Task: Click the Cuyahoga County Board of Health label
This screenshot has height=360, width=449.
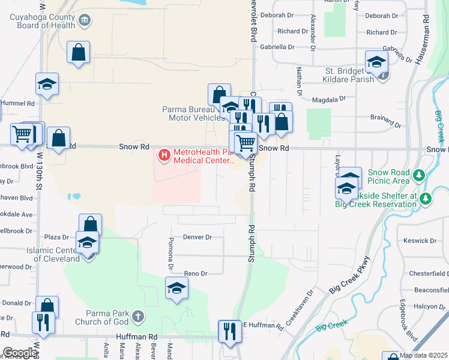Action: pyautogui.click(x=42, y=21)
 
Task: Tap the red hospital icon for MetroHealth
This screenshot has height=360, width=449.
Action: pyautogui.click(x=164, y=156)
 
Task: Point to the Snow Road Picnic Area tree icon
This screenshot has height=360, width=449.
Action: pyautogui.click(x=420, y=176)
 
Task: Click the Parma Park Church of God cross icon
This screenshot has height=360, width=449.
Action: pyautogui.click(x=138, y=316)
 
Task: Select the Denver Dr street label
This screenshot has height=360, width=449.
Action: pyautogui.click(x=197, y=237)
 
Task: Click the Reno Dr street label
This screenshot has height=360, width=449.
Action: pyautogui.click(x=195, y=274)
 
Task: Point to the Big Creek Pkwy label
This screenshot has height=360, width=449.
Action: pyautogui.click(x=357, y=275)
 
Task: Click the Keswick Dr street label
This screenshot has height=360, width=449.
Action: pyautogui.click(x=420, y=241)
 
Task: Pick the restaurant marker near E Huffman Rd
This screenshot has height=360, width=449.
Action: pyautogui.click(x=229, y=331)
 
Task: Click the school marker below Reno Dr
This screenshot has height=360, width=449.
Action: pyautogui.click(x=176, y=288)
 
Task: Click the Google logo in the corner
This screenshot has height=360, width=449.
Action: pyautogui.click(x=19, y=353)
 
